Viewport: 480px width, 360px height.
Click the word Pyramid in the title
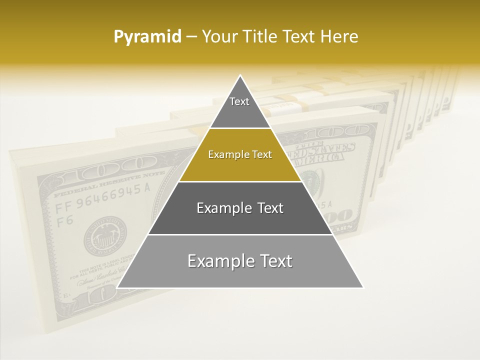(147, 37)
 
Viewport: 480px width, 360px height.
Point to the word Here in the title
(340, 37)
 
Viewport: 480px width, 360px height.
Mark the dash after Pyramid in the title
(191, 37)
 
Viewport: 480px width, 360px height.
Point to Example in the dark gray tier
(220, 208)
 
